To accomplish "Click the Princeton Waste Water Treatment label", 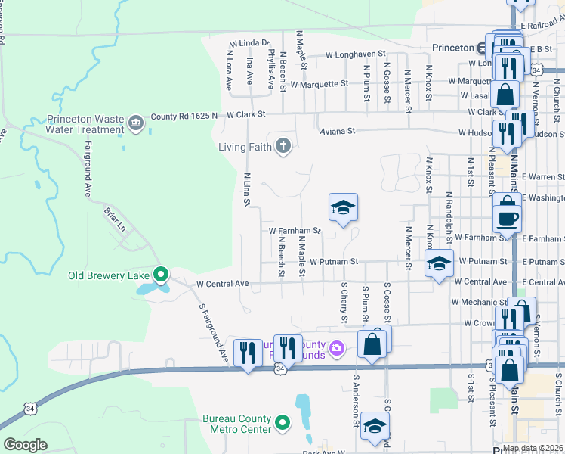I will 84,124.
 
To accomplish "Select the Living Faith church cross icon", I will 283,146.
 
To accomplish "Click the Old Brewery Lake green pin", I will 160,275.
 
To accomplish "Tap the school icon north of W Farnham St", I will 343,207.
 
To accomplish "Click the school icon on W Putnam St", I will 438,263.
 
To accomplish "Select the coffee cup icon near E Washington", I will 506,218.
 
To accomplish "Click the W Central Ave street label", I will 222,284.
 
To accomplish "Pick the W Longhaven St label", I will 355,54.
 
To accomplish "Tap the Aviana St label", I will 337,130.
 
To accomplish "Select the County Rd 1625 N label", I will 184,115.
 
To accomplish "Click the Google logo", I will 25,445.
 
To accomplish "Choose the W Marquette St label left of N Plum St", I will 319,83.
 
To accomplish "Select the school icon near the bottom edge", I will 374,425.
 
